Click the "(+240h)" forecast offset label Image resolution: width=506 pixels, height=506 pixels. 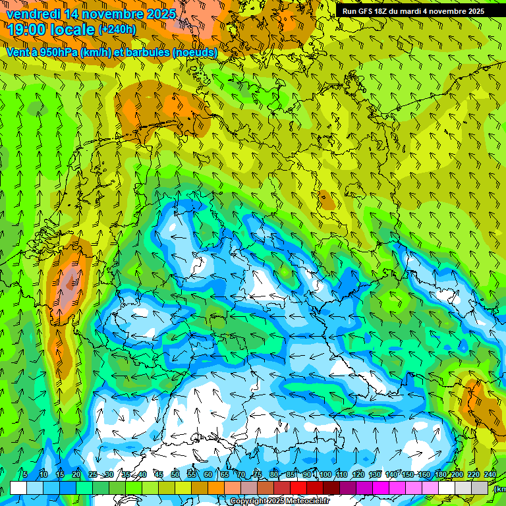pos(117,29)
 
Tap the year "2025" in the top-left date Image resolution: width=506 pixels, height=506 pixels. pos(159,14)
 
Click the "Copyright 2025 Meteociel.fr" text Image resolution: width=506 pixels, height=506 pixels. pos(280,501)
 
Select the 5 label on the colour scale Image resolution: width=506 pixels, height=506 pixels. pos(25,474)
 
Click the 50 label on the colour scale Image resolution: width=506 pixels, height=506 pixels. pos(175,474)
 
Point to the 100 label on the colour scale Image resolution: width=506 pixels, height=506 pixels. pos(325,474)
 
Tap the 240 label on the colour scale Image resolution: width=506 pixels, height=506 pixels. pos(490,474)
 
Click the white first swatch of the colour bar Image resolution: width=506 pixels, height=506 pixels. pos(18,488)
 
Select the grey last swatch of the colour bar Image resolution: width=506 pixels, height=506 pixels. pos(480,488)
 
